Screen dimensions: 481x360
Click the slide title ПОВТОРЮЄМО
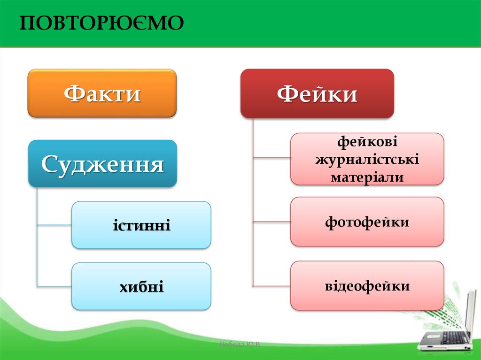(101, 23)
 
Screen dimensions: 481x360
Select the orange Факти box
(102, 93)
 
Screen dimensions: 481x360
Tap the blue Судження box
(102, 163)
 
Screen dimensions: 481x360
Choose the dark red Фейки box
(317, 93)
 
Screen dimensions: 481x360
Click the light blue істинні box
(141, 225)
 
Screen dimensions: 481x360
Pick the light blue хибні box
(141, 286)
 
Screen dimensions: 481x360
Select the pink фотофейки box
(367, 222)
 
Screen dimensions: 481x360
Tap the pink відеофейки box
(367, 286)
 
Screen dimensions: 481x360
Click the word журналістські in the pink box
(367, 160)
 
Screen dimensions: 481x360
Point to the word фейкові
(367, 142)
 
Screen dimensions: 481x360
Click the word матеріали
(367, 177)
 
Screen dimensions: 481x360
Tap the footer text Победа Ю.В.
(240, 344)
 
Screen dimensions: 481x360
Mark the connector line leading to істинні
(54, 225)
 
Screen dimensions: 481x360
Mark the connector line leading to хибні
(54, 286)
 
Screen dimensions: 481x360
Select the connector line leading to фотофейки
(272, 222)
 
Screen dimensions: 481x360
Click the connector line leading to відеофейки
(272, 286)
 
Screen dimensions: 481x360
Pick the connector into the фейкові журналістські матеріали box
(272, 158)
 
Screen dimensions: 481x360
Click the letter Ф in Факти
(73, 93)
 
